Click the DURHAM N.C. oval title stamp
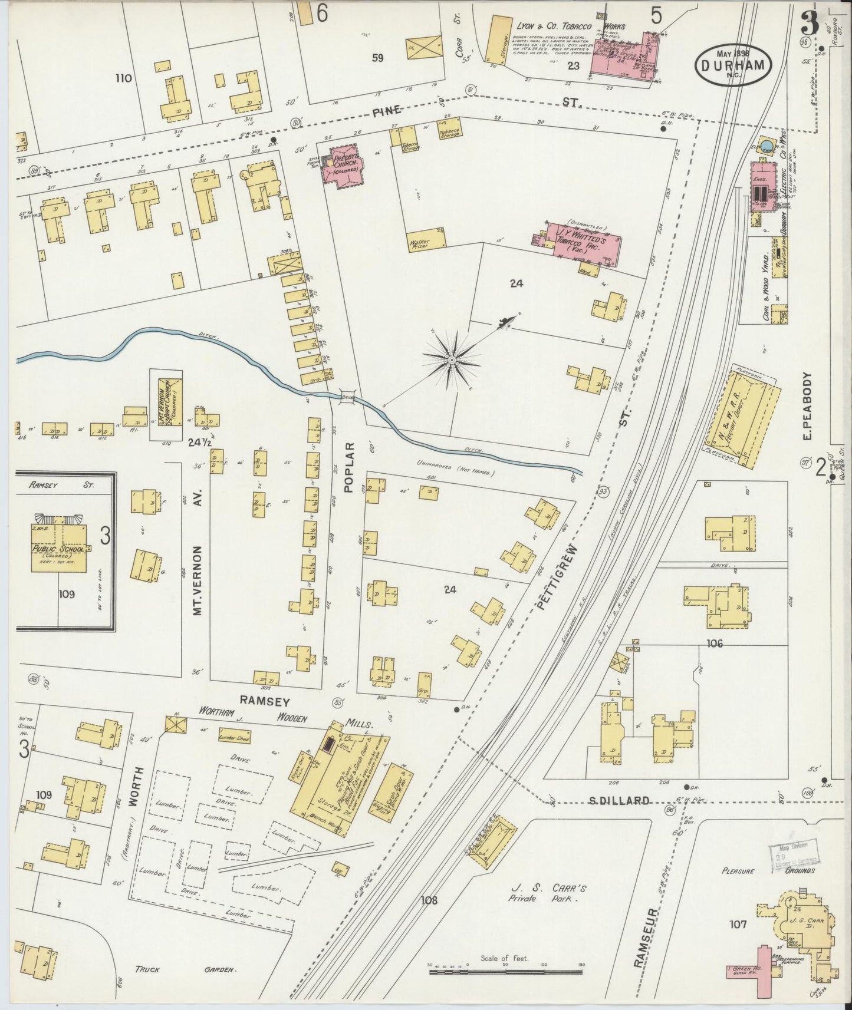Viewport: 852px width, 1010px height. [734, 65]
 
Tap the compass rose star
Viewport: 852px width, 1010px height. [452, 359]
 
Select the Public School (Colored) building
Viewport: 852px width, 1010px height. [59, 547]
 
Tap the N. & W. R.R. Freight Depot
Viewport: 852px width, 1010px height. [745, 417]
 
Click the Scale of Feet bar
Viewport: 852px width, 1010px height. [504, 968]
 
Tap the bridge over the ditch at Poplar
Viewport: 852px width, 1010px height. [347, 396]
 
